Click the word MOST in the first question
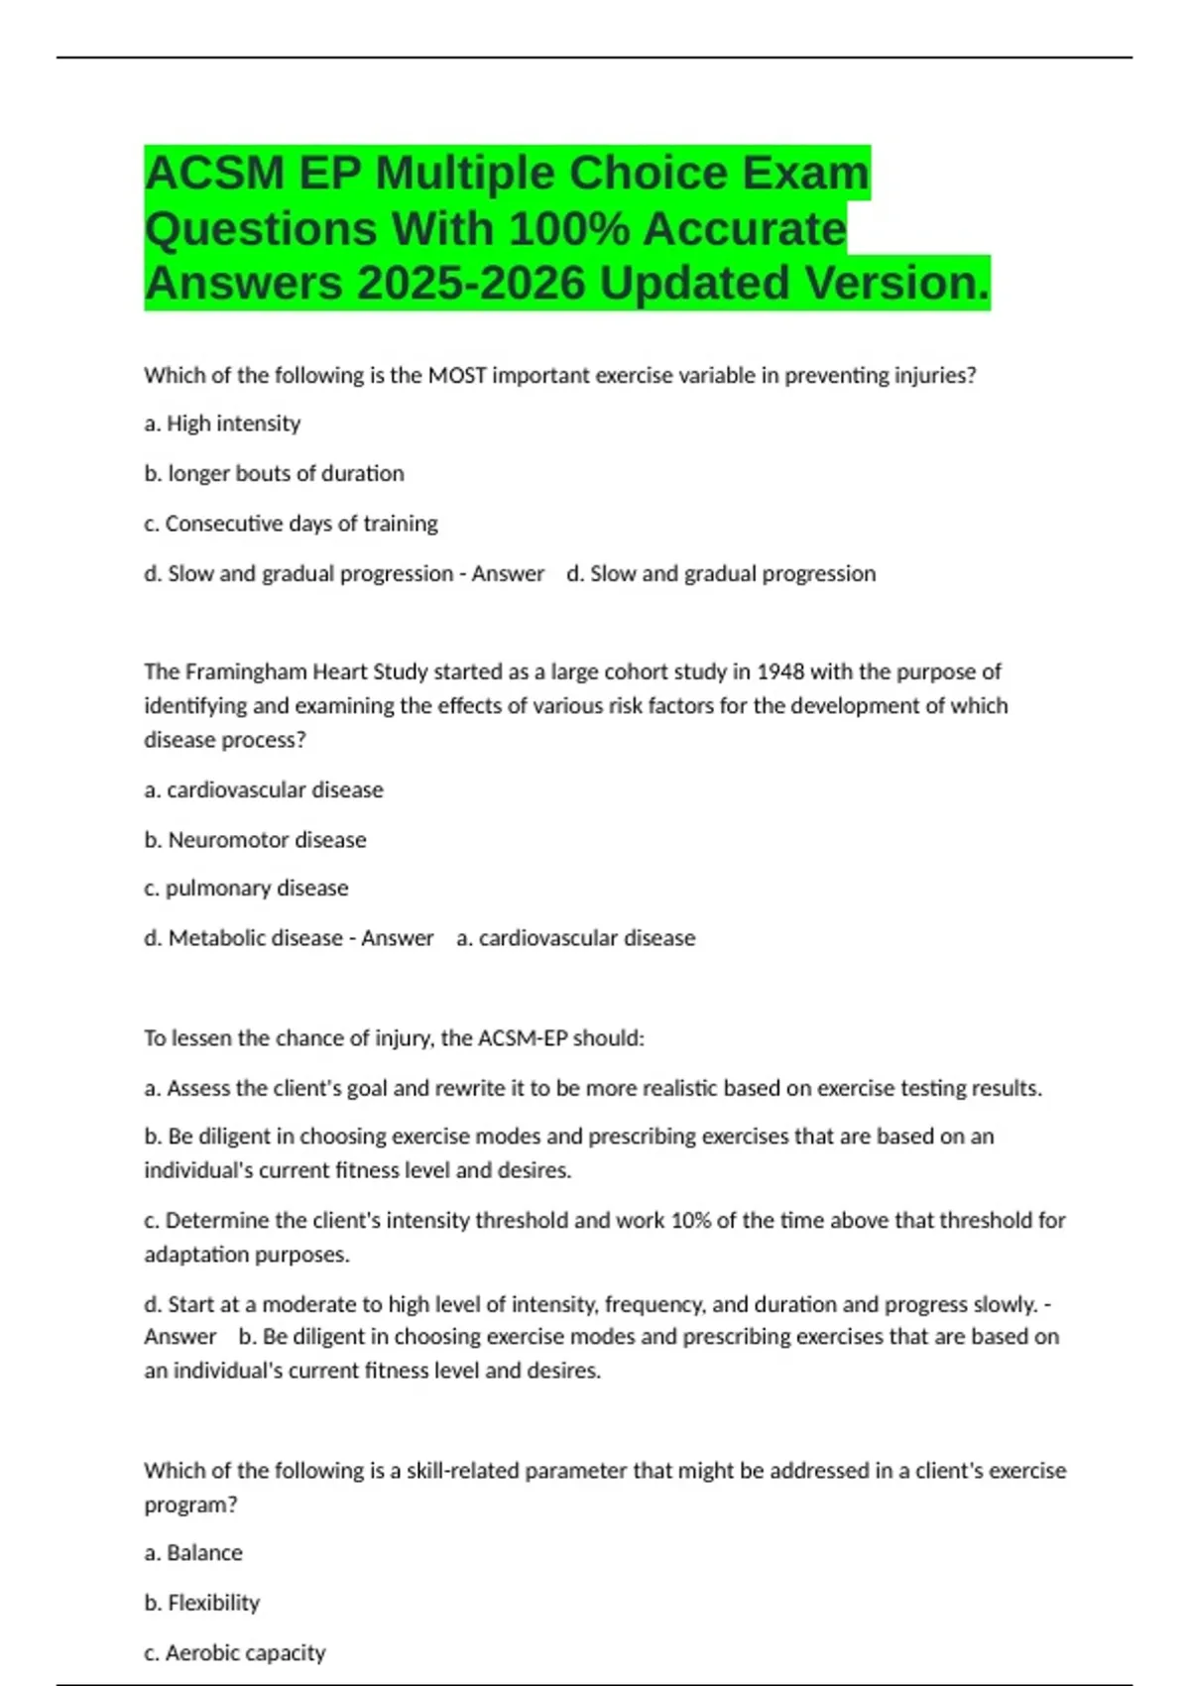point(457,376)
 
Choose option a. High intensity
point(222,423)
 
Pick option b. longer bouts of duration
point(274,474)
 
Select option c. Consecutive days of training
point(291,524)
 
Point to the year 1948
point(780,672)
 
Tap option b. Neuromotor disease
point(255,840)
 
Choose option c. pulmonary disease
point(246,889)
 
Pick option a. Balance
point(193,1553)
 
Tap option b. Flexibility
point(202,1603)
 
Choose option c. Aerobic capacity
point(235,1653)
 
